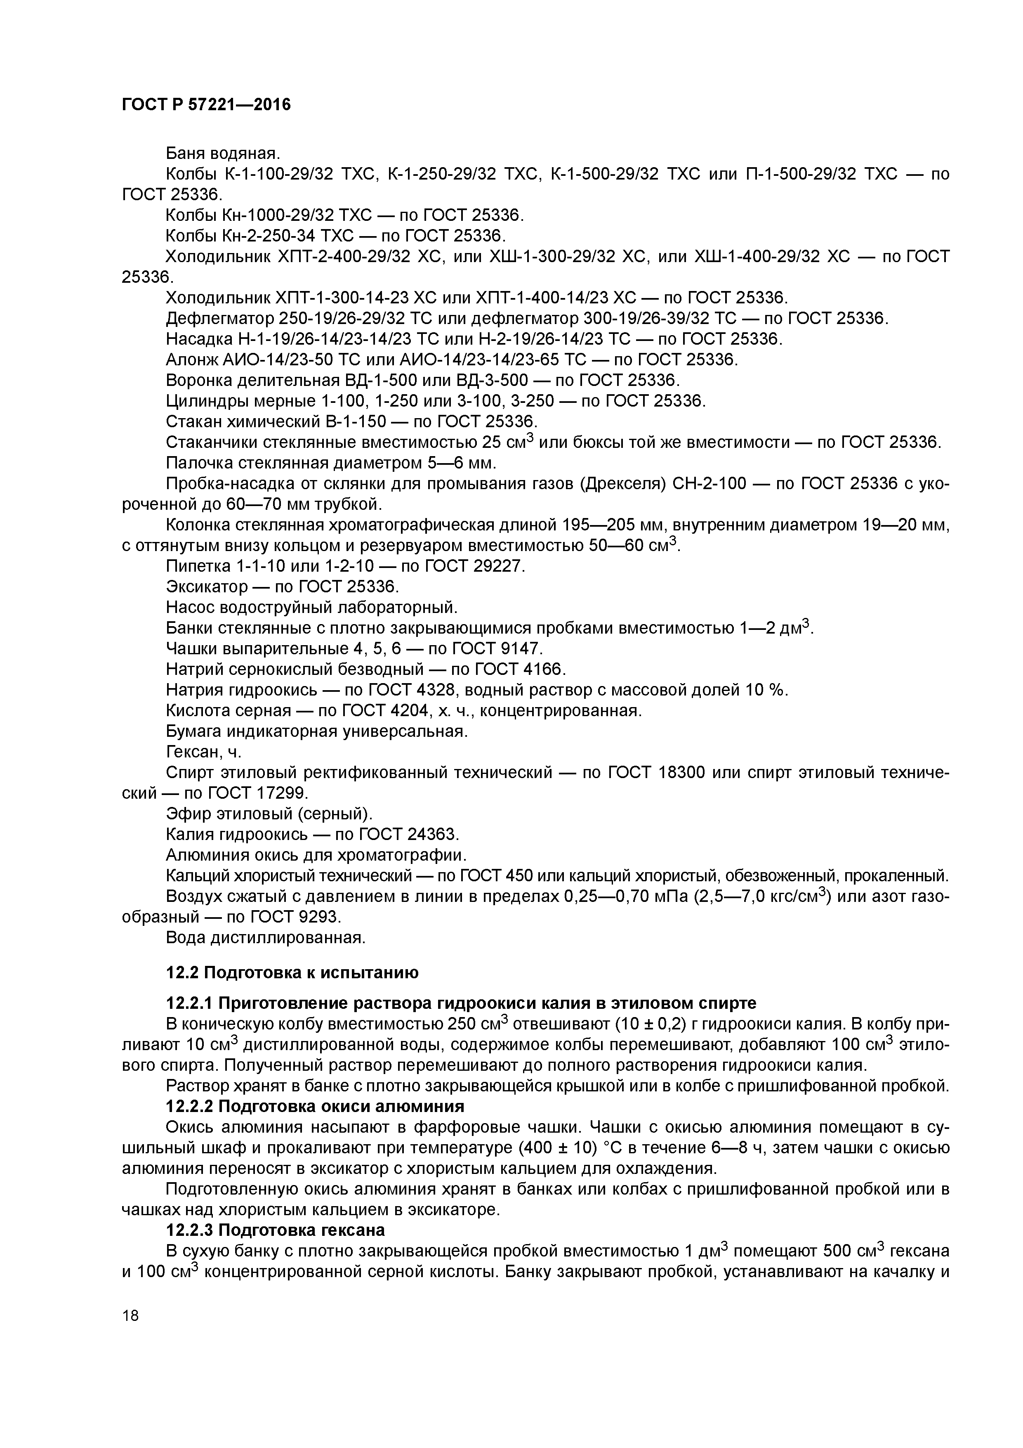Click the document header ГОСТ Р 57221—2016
tap(206, 105)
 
